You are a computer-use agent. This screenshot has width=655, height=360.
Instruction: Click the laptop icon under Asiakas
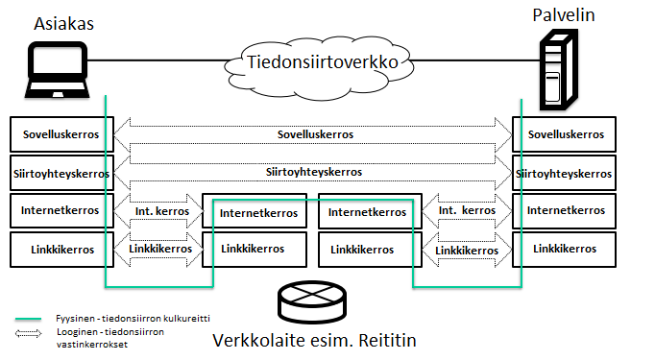tap(58, 70)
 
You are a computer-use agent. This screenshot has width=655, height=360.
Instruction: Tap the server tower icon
tap(559, 69)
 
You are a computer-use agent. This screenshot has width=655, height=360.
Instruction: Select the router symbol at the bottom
tap(312, 301)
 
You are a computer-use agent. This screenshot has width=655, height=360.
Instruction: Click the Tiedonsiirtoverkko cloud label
tap(323, 62)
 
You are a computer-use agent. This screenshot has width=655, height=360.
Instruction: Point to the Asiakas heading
tap(64, 23)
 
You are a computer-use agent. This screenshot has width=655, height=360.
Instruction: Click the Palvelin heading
tap(564, 15)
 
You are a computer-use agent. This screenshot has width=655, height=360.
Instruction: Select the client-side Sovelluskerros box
tap(61, 134)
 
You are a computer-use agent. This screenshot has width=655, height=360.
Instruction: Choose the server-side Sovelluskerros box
tap(564, 134)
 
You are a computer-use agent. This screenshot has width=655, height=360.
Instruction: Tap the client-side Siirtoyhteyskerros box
tap(61, 173)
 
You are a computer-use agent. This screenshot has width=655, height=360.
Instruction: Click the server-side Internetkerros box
tap(564, 210)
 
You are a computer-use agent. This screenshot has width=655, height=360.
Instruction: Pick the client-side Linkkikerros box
tap(61, 250)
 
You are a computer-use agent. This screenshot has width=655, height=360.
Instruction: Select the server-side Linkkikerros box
tap(564, 250)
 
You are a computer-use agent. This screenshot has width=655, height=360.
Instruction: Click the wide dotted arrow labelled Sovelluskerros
tap(313, 134)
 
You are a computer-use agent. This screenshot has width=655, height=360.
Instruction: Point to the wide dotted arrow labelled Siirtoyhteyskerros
tap(313, 172)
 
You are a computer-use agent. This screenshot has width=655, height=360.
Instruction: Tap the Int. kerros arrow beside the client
tap(158, 211)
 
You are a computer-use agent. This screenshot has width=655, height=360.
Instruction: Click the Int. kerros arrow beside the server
tap(467, 210)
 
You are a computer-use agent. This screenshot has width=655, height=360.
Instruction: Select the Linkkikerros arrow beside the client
tap(158, 250)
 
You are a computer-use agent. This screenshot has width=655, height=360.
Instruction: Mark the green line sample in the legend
tap(29, 319)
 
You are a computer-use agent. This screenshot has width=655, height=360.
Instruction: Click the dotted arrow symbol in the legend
tap(29, 333)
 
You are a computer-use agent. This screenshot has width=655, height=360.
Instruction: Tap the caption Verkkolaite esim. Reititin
tap(315, 341)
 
